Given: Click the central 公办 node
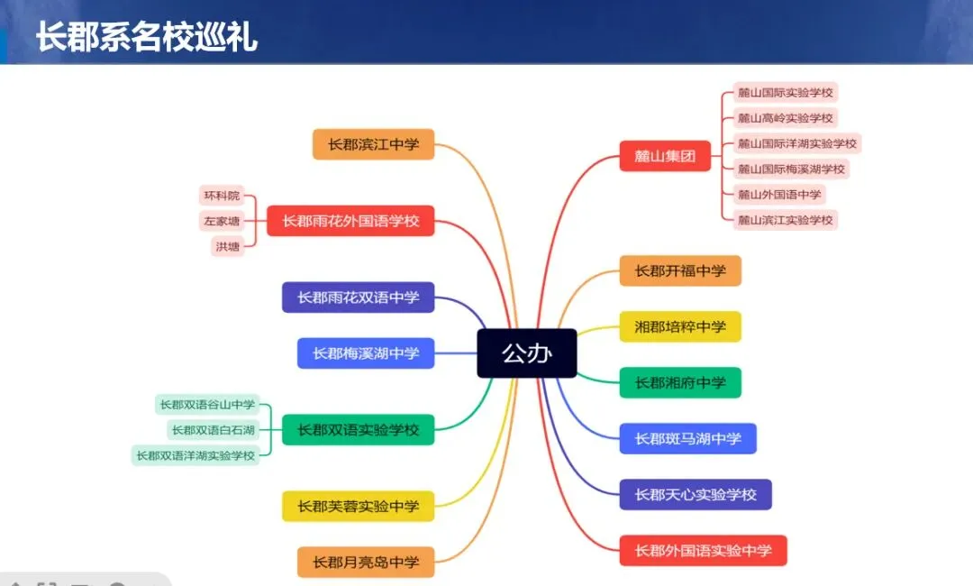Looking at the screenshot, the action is pos(527,353).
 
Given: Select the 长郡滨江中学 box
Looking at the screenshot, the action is pos(373,144).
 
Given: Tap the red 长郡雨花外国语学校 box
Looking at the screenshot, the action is pos(350,221).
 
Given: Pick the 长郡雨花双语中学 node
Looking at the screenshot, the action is pos(358,298).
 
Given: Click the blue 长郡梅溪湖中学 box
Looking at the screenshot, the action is pos(365,353).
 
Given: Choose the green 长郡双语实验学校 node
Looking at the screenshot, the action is pos(358,430).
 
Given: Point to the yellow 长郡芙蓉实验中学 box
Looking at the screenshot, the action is pos(358,507).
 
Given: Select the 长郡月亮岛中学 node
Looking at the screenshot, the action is pos(365,563).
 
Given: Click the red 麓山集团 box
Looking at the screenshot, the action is pos(665,156).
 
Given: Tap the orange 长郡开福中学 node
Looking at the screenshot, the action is pos(679,270).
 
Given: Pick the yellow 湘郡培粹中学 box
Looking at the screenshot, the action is pos(679,326).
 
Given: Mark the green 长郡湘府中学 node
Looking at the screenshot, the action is pos(679,383).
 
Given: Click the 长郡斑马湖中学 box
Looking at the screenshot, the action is pos(687,439).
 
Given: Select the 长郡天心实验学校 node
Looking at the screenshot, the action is pos(695,495).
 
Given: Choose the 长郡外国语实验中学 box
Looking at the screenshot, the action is pos(703,551).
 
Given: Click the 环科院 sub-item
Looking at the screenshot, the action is pos(222,196).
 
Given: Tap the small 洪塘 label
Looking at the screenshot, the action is pos(227,246).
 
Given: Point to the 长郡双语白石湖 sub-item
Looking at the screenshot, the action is pos(213,430).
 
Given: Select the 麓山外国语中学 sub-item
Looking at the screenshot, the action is pos(779,194).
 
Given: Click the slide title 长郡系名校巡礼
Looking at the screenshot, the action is pos(147,39).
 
